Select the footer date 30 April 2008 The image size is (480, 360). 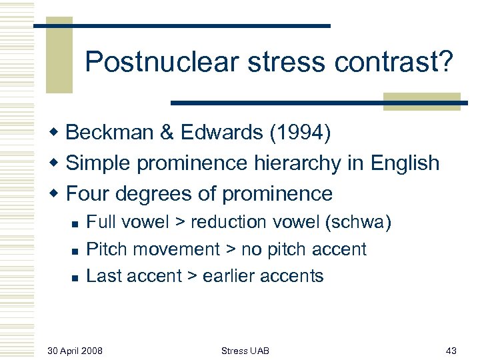coord(75,351)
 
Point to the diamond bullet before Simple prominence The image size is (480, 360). coord(58,164)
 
